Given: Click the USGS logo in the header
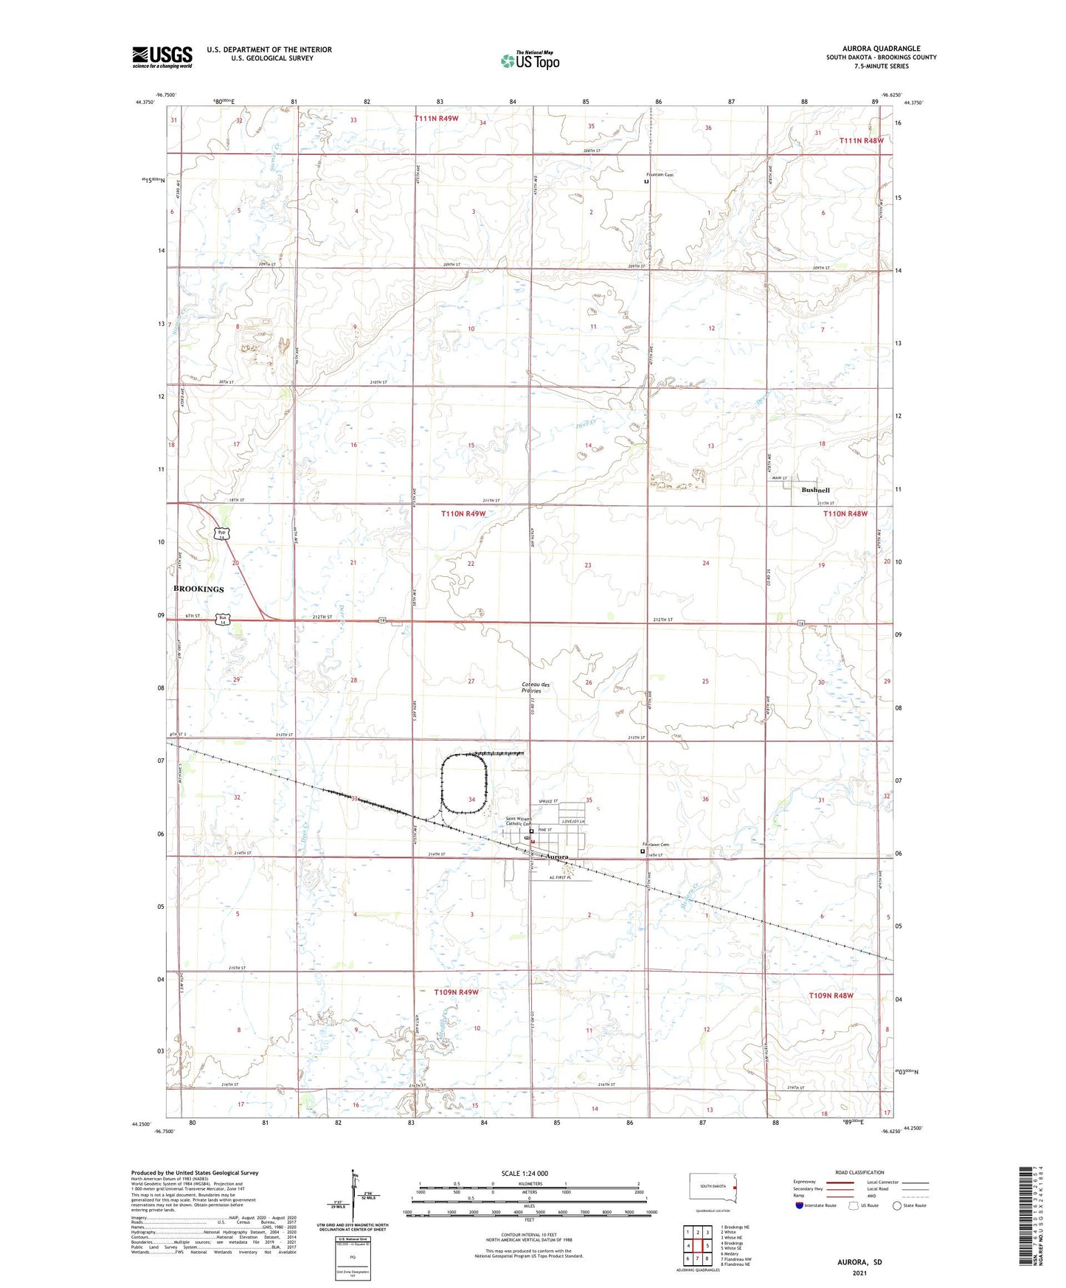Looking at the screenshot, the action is [162, 57].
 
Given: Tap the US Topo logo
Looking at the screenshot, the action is [530, 60].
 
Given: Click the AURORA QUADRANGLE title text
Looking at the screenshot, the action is [881, 49].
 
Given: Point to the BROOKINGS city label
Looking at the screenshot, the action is [198, 589].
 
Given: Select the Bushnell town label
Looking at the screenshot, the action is [815, 490].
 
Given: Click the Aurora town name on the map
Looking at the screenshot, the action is [556, 857].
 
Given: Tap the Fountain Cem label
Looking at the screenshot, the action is [660, 175].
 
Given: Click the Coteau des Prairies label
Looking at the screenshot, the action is [536, 687].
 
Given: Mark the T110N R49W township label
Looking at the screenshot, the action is [463, 513].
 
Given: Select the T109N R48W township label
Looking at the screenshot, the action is [831, 995].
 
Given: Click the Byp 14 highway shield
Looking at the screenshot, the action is [221, 533].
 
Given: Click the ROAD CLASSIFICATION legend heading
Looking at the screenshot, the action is [859, 1172].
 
